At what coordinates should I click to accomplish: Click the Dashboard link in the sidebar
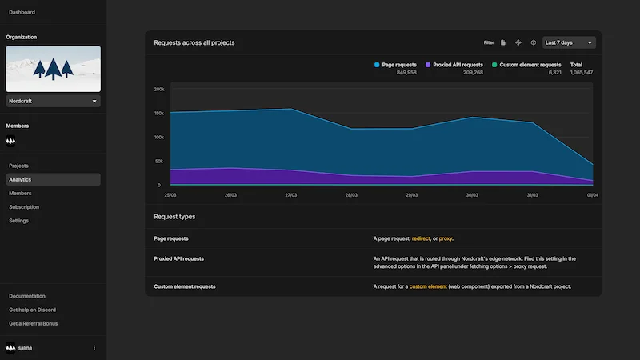pyautogui.click(x=22, y=13)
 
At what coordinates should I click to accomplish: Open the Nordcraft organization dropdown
pyautogui.click(x=53, y=102)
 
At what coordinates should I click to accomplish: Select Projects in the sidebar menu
pyautogui.click(x=18, y=166)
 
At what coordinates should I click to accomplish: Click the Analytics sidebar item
pyautogui.click(x=20, y=180)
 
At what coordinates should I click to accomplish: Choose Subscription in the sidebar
pyautogui.click(x=24, y=207)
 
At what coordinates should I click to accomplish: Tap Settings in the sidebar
pyautogui.click(x=19, y=221)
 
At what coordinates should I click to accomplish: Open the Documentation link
pyautogui.click(x=27, y=296)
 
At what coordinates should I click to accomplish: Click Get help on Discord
pyautogui.click(x=32, y=310)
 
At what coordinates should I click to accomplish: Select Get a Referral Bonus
pyautogui.click(x=34, y=323)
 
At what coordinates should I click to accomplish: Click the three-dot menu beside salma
pyautogui.click(x=94, y=348)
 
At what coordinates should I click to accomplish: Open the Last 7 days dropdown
pyautogui.click(x=569, y=42)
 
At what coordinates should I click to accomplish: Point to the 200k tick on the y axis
pyautogui.click(x=158, y=90)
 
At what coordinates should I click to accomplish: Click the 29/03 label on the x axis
pyautogui.click(x=411, y=194)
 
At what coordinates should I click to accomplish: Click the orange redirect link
pyautogui.click(x=421, y=238)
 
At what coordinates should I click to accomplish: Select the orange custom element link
pyautogui.click(x=428, y=286)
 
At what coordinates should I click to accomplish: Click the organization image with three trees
pyautogui.click(x=53, y=69)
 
